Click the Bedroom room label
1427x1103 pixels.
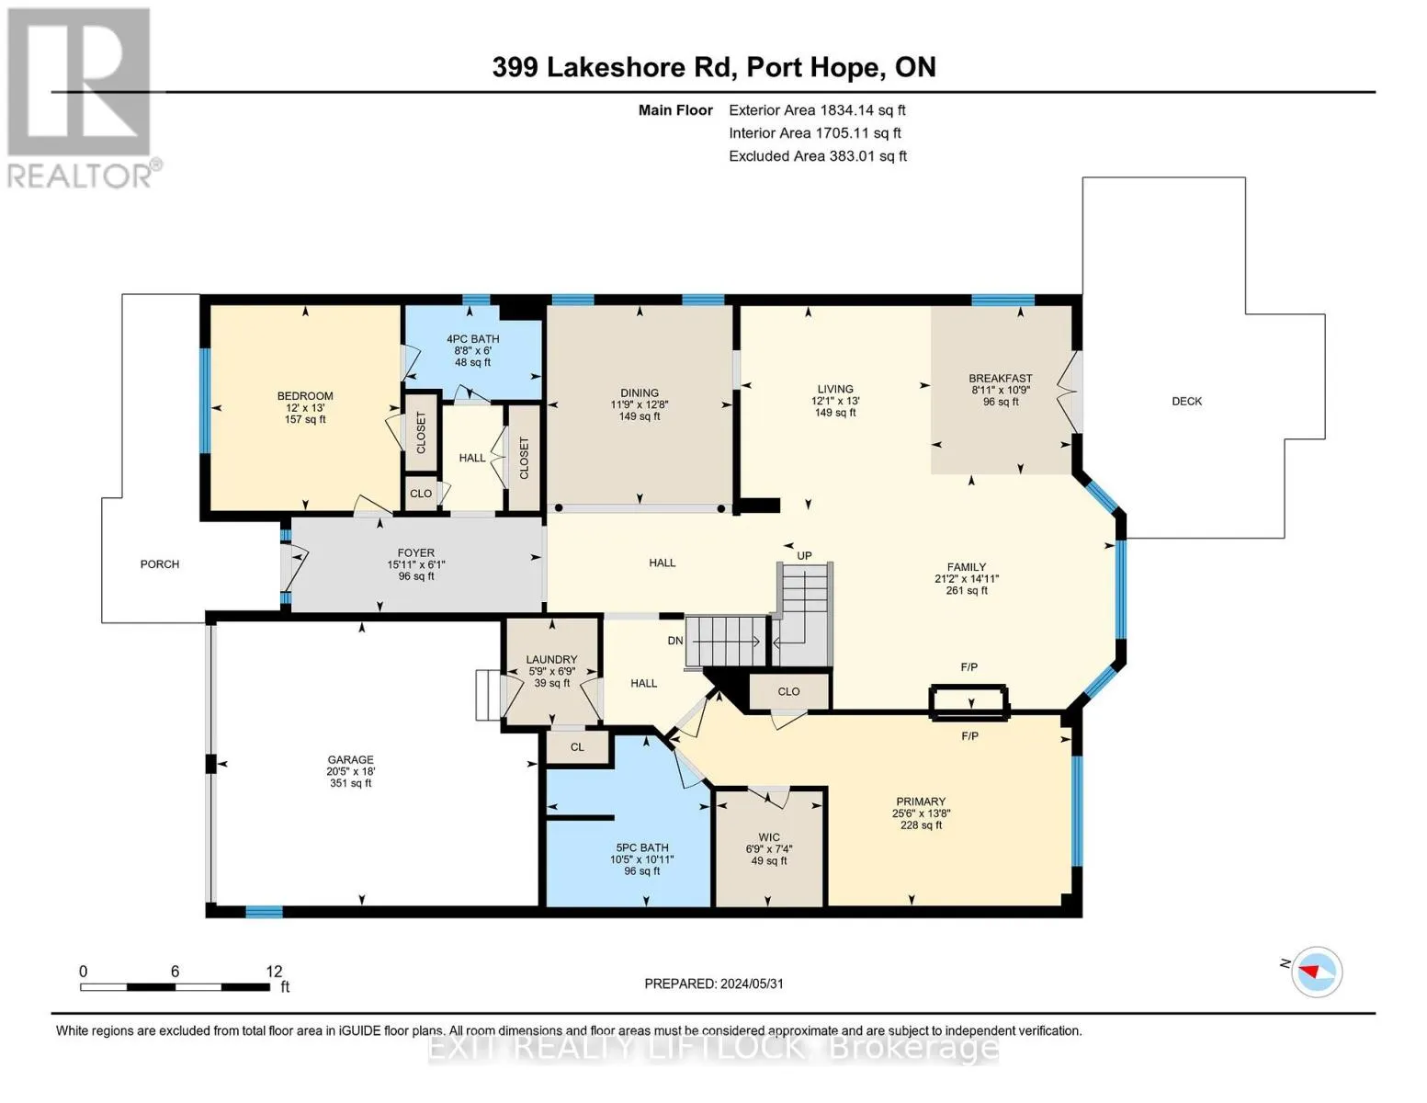(305, 396)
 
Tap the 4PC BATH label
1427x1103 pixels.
(472, 339)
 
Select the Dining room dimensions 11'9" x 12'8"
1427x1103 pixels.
(640, 404)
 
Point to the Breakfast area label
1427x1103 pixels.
(1000, 378)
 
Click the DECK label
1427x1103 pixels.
(1186, 401)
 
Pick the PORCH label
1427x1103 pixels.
(160, 564)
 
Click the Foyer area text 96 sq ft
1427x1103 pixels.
(416, 576)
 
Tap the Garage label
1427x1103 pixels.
(350, 759)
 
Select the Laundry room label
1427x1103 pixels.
(551, 659)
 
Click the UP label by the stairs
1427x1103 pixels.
(804, 555)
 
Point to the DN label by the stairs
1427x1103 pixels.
(675, 641)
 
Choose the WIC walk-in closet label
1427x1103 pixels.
(769, 837)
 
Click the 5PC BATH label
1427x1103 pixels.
(642, 847)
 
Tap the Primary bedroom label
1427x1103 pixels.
(920, 802)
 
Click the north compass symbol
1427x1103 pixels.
(1317, 972)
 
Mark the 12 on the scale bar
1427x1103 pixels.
(274, 971)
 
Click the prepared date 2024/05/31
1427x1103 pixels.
(751, 984)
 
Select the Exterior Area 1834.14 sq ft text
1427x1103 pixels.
(817, 109)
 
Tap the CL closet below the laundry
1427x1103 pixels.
(577, 747)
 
